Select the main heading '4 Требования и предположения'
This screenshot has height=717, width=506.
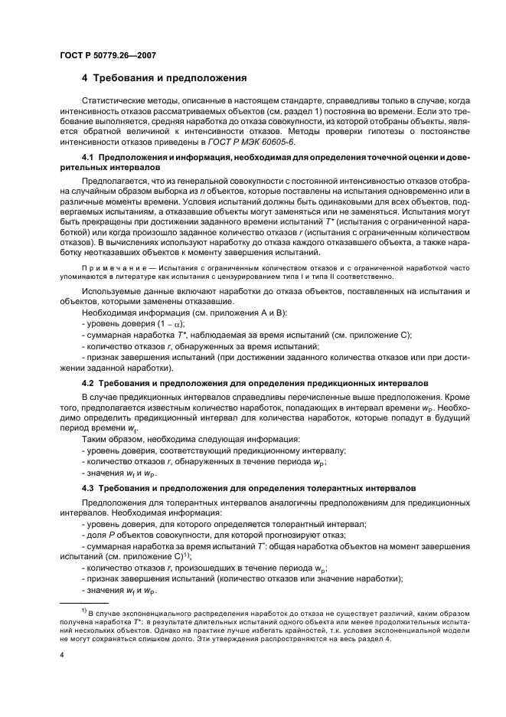(x=163, y=78)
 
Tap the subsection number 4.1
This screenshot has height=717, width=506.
(x=89, y=157)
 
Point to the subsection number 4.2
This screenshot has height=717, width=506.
(x=89, y=381)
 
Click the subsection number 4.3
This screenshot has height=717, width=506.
(x=89, y=487)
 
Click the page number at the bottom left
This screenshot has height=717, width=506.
(x=62, y=656)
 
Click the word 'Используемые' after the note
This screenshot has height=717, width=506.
(x=113, y=292)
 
